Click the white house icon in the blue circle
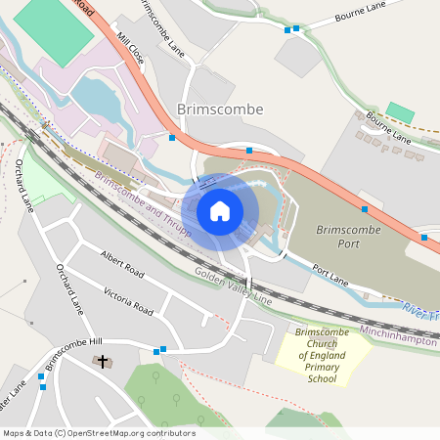point(220,211)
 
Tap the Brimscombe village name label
point(220,110)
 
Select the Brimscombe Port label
point(347,237)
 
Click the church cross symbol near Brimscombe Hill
point(102,362)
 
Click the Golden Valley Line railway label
point(233,286)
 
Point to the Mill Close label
point(130,48)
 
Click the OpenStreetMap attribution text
point(99,433)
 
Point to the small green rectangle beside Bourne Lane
point(399,111)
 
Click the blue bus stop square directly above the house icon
point(249,151)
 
